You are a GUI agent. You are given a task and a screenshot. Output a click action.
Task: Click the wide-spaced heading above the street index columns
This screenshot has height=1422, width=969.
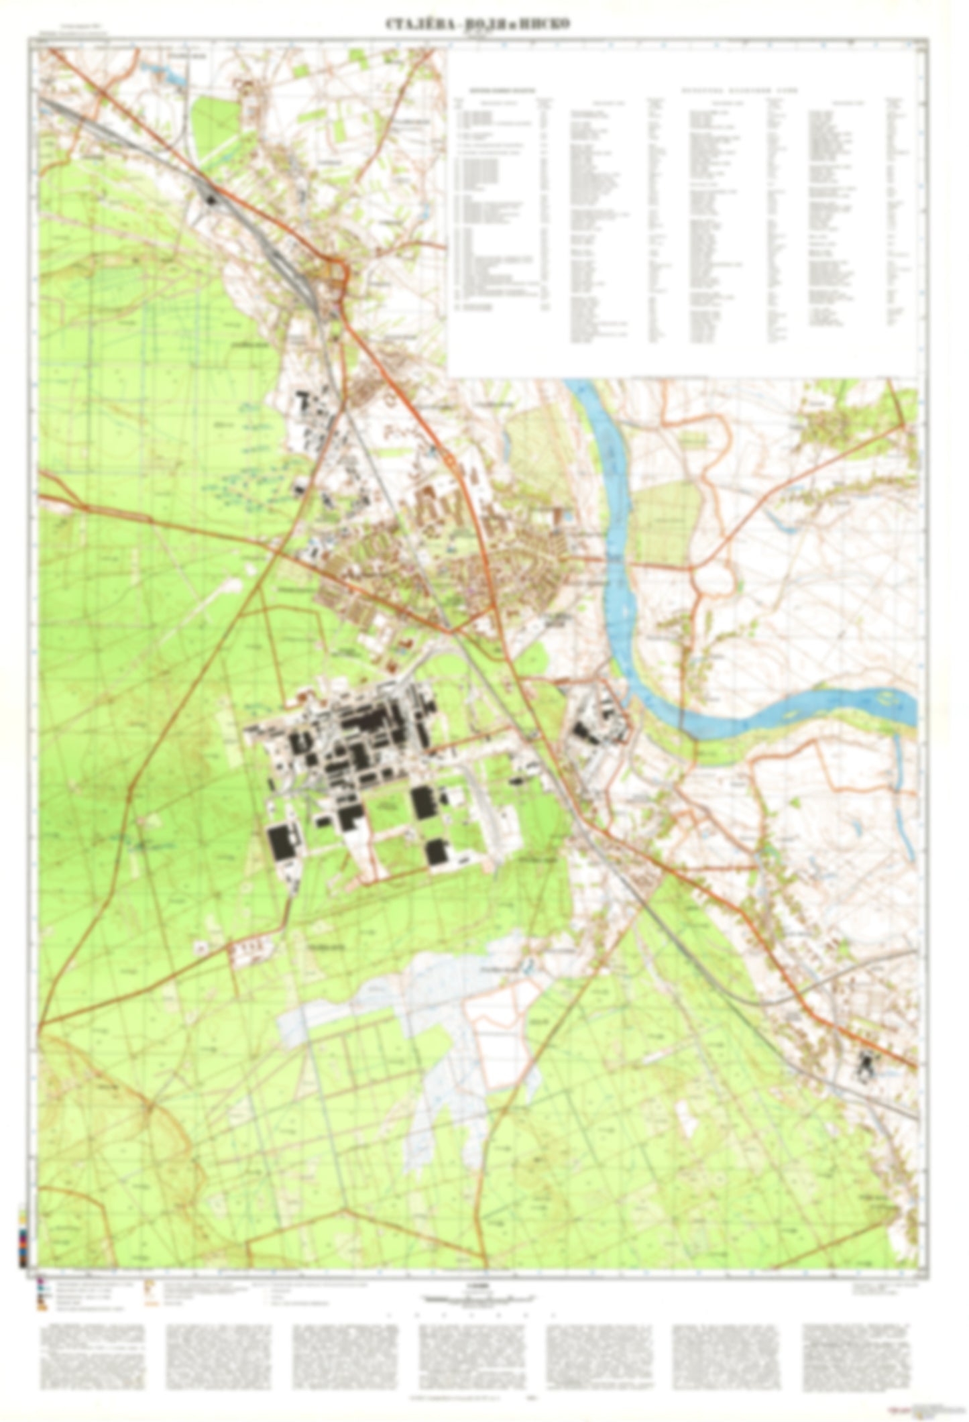tap(731, 89)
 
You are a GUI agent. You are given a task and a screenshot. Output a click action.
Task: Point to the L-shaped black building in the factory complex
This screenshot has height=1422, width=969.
tap(349, 818)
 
